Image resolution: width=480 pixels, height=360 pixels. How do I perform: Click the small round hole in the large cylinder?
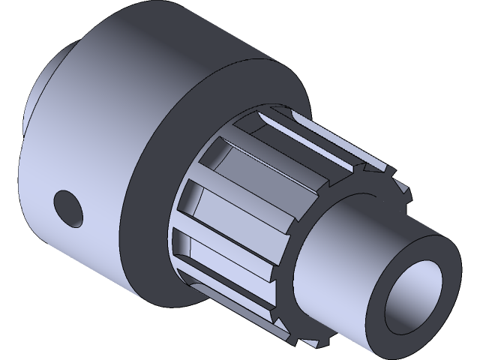(x=68, y=207)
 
